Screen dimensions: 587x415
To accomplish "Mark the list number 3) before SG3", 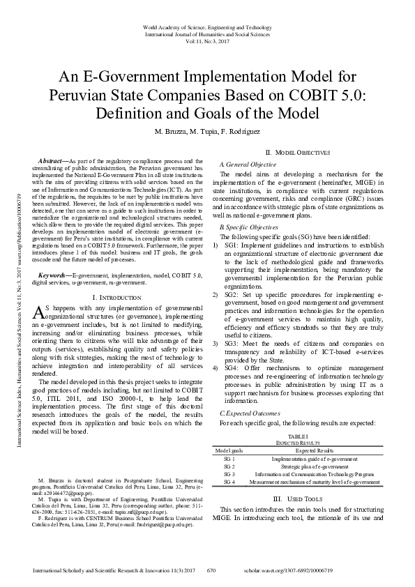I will [216, 344].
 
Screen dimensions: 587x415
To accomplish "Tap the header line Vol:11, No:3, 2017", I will [208, 41].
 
